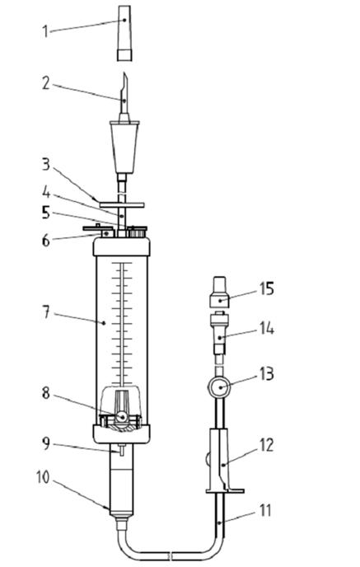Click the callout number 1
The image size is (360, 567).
(45, 30)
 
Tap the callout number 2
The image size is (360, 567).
(45, 83)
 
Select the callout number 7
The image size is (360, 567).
(46, 312)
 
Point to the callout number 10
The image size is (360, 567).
(43, 477)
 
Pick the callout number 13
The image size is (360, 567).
(267, 374)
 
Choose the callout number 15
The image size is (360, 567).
(267, 289)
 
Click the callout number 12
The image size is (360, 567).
(267, 446)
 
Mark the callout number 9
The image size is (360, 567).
(45, 443)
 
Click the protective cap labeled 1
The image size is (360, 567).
(124, 32)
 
